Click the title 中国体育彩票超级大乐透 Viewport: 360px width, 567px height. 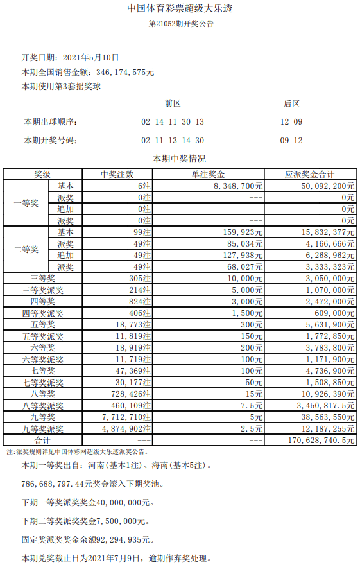tap(180, 9)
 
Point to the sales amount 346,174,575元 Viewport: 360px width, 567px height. tap(124, 72)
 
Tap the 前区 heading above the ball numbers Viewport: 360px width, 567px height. tap(173, 103)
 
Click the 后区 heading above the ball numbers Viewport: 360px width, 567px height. tap(291, 103)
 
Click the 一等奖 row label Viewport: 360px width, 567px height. tap(26, 203)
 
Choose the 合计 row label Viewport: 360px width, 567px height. tap(42, 440)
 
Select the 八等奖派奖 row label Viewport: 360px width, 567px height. tap(42, 405)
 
